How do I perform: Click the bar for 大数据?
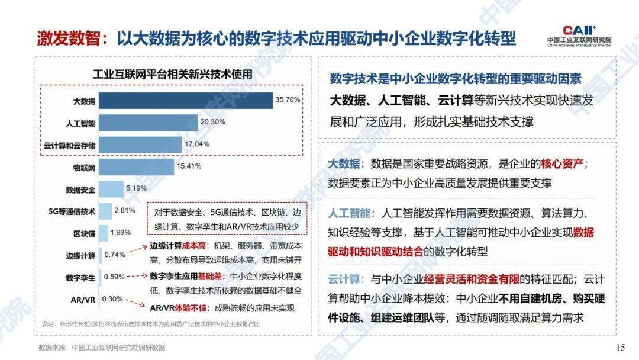tap(185, 100)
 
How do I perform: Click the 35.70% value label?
tap(288, 99)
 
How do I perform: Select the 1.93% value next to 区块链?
tap(121, 233)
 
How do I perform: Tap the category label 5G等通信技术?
tap(72, 211)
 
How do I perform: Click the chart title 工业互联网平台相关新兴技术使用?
tap(172, 74)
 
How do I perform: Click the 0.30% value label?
tap(113, 298)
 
